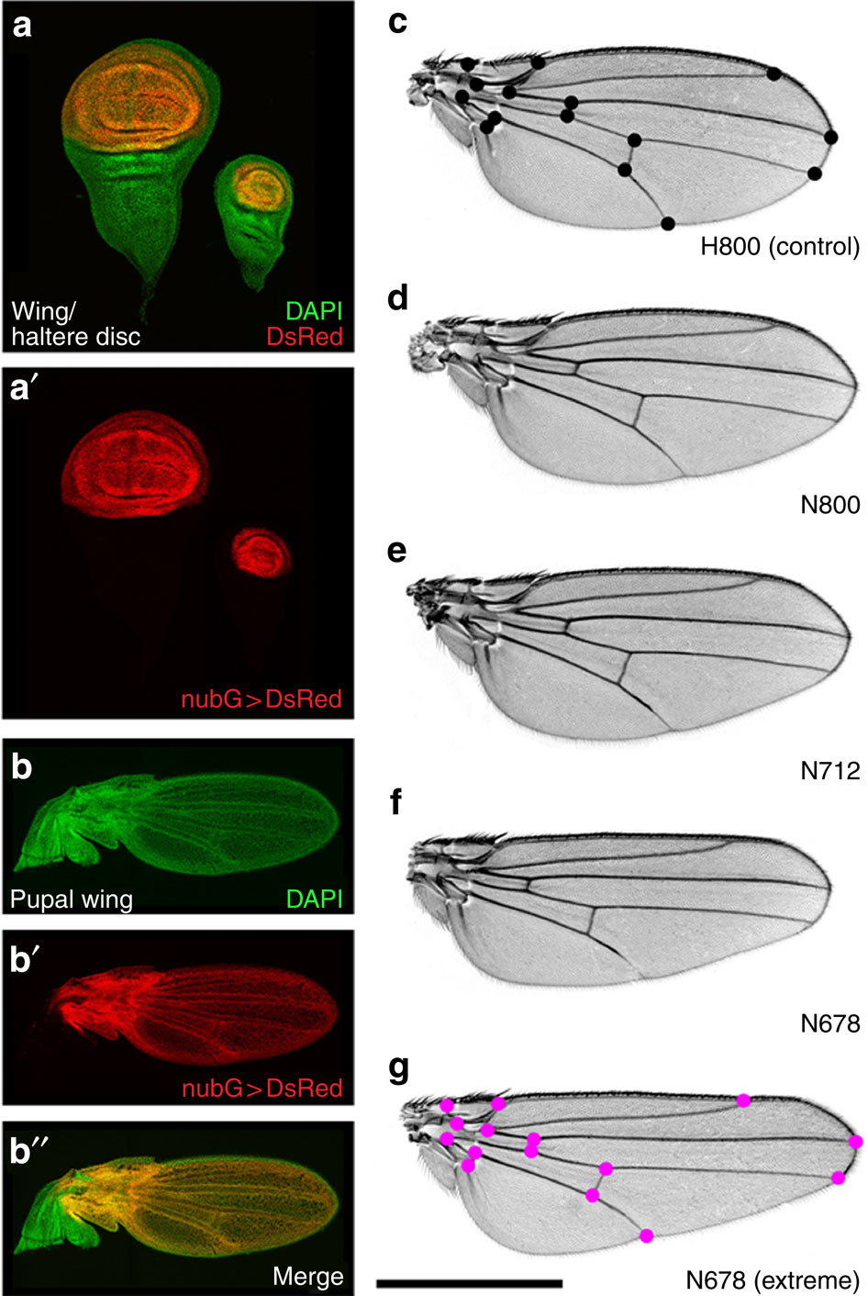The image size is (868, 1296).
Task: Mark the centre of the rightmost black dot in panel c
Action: pos(831,137)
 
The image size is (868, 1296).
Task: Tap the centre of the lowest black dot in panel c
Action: pos(668,223)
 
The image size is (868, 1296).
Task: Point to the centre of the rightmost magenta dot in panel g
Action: pos(856,1142)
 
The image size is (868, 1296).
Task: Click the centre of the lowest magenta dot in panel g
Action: pos(647,1235)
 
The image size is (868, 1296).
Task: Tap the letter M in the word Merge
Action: pos(283,1275)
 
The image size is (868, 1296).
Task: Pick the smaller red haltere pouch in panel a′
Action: pos(262,553)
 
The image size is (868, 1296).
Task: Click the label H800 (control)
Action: pos(780,247)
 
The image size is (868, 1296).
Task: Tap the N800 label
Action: pos(830,505)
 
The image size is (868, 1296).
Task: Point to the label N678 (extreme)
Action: pos(773,1279)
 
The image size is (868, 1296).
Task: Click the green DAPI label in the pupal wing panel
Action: pos(315,899)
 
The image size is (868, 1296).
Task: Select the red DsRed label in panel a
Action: pos(305,336)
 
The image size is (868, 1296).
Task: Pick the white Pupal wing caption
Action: pos(72,899)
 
